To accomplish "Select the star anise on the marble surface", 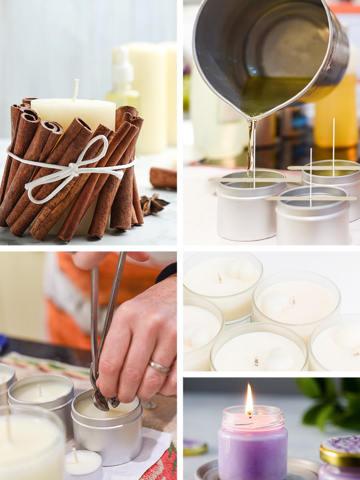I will coord(153,204).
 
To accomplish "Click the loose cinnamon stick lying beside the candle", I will coord(163,178).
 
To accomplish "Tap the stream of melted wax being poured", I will coord(251,148).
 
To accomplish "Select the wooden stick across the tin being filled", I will coord(254,180).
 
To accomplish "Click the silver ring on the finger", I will coord(159,366).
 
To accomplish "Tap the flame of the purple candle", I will coord(249,400).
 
